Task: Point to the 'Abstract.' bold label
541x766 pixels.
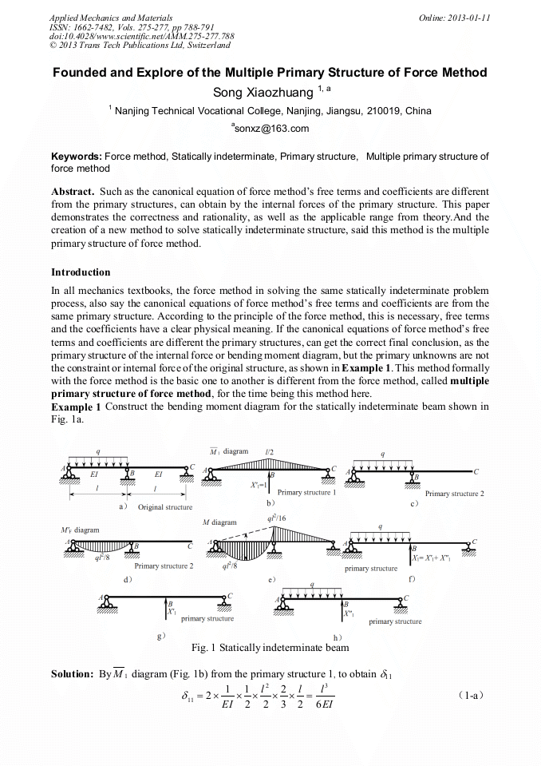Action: [x=74, y=192]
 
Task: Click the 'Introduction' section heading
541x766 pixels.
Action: [x=81, y=272]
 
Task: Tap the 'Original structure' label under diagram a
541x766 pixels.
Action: [x=165, y=507]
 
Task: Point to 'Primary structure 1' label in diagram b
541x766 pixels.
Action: [x=306, y=493]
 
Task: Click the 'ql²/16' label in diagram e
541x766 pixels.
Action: [x=278, y=518]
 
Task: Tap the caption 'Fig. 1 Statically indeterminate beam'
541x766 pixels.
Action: [x=270, y=647]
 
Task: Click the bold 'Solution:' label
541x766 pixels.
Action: [x=73, y=674]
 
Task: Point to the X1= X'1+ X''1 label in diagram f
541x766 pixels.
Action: [x=436, y=559]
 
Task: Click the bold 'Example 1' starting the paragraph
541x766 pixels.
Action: [x=76, y=406]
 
